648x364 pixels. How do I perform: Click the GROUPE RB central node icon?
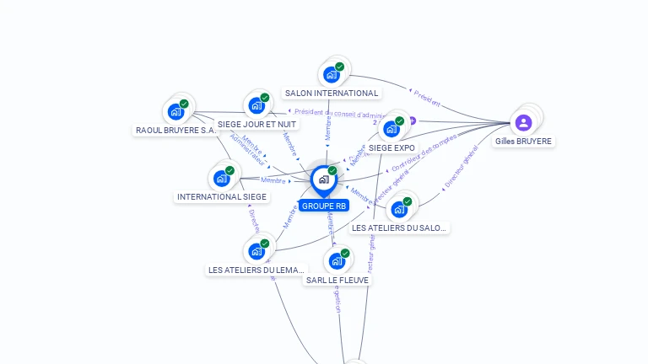(x=323, y=179)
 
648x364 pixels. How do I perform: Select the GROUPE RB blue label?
(x=323, y=206)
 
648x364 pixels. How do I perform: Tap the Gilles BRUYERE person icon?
(x=523, y=123)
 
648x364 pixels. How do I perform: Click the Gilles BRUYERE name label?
(x=523, y=142)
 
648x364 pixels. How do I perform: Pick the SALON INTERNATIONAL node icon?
(x=332, y=74)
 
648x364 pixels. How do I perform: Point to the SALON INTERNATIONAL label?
(x=332, y=93)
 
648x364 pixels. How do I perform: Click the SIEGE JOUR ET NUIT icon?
(x=256, y=106)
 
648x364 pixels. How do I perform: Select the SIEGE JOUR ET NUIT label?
(x=256, y=124)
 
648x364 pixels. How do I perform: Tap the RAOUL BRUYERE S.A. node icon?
(x=175, y=111)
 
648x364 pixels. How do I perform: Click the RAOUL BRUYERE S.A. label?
(x=175, y=131)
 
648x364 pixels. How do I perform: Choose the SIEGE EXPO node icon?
(x=391, y=129)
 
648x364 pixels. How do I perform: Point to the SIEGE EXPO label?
(x=391, y=147)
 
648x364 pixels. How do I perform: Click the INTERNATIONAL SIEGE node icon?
(x=221, y=178)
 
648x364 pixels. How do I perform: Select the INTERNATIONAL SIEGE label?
(x=221, y=196)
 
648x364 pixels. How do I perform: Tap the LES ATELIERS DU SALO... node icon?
(x=399, y=209)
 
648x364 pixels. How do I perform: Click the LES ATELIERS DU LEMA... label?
(x=256, y=270)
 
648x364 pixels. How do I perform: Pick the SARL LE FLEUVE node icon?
(x=337, y=260)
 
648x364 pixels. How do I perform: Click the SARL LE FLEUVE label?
(x=337, y=280)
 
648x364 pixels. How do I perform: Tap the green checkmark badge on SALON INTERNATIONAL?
(x=339, y=67)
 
